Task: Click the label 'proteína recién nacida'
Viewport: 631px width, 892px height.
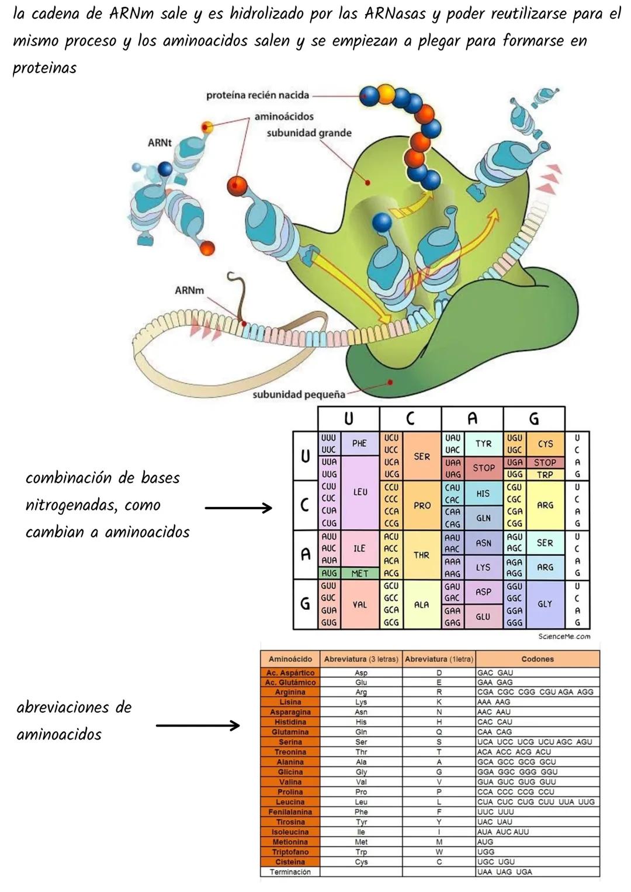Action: pos(258,95)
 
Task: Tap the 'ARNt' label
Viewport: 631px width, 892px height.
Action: pos(160,143)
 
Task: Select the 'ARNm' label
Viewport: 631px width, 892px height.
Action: pos(189,290)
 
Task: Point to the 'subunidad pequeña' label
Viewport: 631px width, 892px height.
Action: pos(299,394)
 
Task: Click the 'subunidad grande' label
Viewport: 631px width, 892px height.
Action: pos(309,133)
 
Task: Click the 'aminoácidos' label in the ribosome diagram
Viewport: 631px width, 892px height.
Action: pos(284,117)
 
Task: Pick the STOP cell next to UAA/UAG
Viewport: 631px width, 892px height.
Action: pos(483,468)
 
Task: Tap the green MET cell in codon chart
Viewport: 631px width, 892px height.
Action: pos(359,574)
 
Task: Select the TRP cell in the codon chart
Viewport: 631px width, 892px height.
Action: pos(545,475)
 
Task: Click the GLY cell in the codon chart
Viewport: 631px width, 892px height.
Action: pos(545,604)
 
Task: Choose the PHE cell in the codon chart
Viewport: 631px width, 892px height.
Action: pos(359,443)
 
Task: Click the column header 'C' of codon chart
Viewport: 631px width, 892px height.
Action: pos(410,418)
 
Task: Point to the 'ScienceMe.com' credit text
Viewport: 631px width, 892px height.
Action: pos(564,636)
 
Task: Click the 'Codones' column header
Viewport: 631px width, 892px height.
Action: pos(537,659)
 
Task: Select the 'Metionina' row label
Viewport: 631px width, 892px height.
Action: pos(290,842)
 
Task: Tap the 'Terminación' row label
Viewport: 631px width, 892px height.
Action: pos(290,872)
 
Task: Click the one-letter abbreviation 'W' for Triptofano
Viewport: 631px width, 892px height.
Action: pos(439,852)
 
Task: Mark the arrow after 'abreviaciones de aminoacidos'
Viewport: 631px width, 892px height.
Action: pos(198,726)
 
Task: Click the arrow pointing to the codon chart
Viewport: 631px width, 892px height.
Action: pos(238,508)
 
